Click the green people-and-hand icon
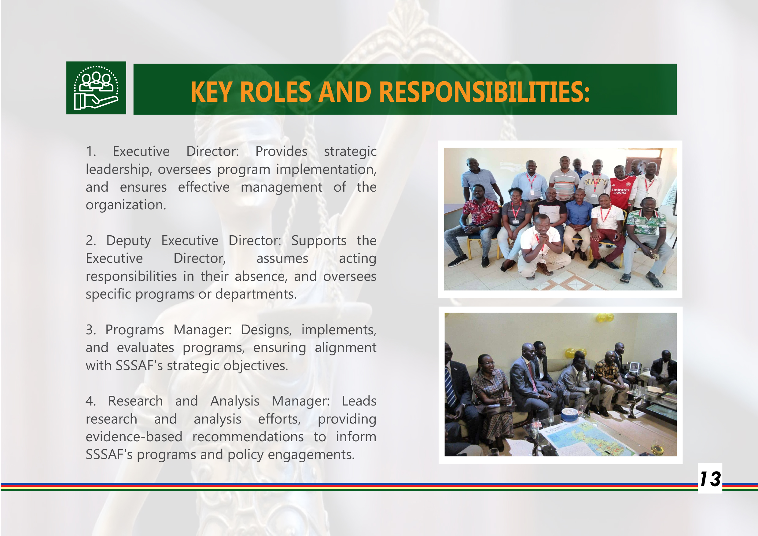coord(96,88)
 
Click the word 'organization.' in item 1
coord(126,205)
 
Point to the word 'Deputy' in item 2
coord(128,240)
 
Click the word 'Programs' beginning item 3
coord(135,330)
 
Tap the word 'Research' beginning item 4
coord(136,401)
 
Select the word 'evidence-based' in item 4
coord(134,437)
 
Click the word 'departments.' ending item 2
coord(256,294)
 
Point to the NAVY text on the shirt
coord(596,182)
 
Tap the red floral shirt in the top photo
coord(481,211)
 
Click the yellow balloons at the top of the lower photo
coord(605,318)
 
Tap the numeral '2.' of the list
coord(91,240)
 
